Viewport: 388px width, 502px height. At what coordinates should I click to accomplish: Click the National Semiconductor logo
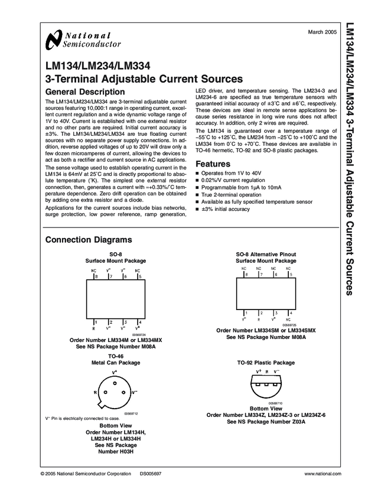(x=83, y=40)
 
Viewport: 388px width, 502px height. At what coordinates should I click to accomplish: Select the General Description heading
(x=85, y=92)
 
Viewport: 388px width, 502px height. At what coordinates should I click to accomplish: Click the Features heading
(x=213, y=164)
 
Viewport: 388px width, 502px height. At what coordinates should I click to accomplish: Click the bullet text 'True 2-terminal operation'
(x=231, y=194)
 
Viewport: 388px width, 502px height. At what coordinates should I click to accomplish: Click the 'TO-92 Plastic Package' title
(x=266, y=363)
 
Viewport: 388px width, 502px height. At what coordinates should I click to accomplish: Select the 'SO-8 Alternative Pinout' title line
(x=266, y=254)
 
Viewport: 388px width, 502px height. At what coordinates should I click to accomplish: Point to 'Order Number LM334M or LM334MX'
(x=116, y=340)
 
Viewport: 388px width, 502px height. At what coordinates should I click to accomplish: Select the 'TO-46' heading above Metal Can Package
(x=116, y=356)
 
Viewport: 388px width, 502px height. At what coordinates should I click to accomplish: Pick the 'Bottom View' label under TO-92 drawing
(x=266, y=408)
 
